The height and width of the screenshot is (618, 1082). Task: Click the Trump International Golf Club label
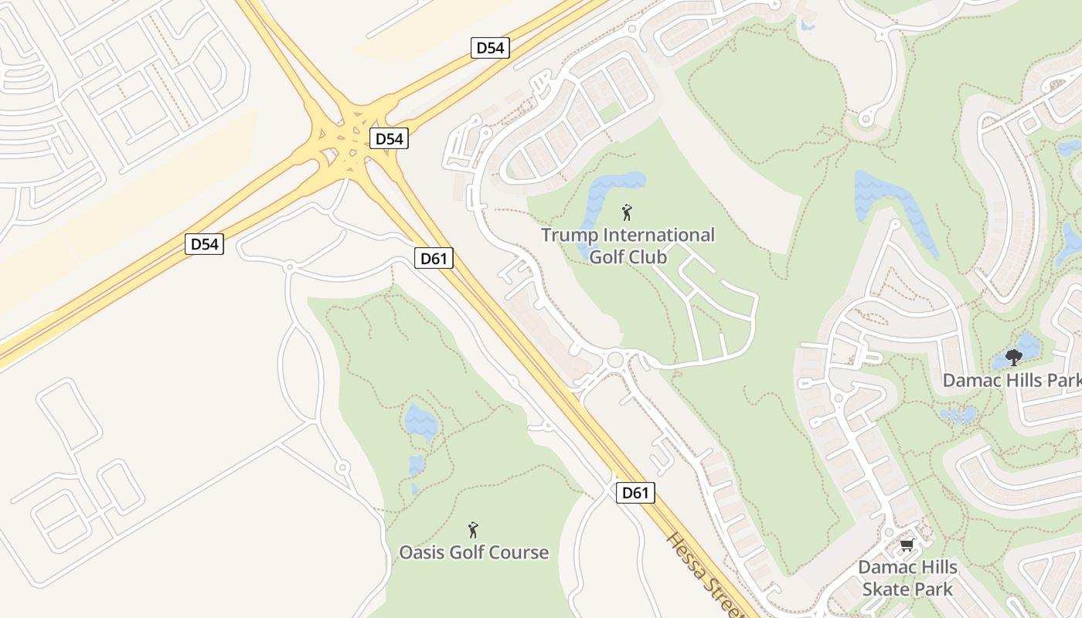pyautogui.click(x=628, y=245)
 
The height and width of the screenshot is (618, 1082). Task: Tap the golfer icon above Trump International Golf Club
pyautogui.click(x=627, y=212)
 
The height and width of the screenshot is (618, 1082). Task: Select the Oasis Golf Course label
pyautogui.click(x=474, y=552)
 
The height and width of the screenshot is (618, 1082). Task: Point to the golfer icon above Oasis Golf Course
pyautogui.click(x=473, y=530)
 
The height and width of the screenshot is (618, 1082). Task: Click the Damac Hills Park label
pyautogui.click(x=1011, y=380)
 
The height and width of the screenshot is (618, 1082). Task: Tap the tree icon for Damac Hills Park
pyautogui.click(x=1013, y=358)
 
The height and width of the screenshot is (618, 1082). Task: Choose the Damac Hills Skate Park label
pyautogui.click(x=907, y=578)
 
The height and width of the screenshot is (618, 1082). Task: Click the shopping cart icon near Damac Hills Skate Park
pyautogui.click(x=907, y=545)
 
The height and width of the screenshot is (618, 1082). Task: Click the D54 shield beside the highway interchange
pyautogui.click(x=388, y=139)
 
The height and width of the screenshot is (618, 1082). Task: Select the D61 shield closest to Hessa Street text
pyautogui.click(x=635, y=493)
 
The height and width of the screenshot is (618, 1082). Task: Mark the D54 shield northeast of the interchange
pyautogui.click(x=490, y=48)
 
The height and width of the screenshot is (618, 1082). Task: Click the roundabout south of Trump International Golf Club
pyautogui.click(x=615, y=359)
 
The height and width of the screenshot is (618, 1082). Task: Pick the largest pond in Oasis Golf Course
pyautogui.click(x=421, y=422)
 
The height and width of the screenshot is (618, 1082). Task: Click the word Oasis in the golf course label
pyautogui.click(x=422, y=552)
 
